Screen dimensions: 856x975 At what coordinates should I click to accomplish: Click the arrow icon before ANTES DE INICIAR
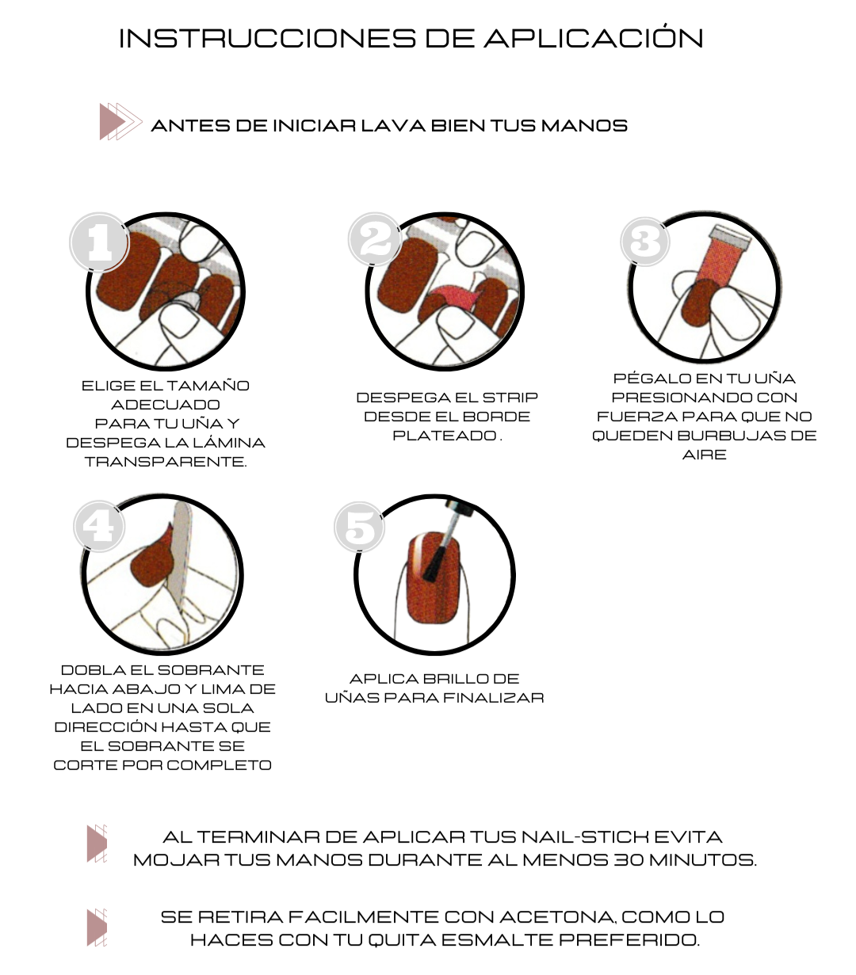(x=120, y=121)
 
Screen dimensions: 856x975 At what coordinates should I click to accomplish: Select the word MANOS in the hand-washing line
(x=584, y=126)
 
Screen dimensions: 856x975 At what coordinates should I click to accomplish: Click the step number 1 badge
(x=100, y=242)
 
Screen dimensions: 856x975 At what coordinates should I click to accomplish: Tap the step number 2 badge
(x=375, y=238)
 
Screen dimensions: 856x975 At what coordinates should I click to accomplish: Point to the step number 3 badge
(x=644, y=241)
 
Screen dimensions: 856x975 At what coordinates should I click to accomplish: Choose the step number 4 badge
(x=99, y=526)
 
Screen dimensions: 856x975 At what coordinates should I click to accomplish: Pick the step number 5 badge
(x=359, y=527)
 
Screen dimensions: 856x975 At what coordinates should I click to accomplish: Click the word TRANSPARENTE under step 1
(x=166, y=462)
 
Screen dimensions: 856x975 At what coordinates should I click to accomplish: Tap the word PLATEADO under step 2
(x=444, y=436)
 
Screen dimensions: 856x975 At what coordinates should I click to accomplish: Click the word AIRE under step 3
(x=705, y=455)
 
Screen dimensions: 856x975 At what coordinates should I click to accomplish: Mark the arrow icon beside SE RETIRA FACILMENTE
(x=97, y=927)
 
